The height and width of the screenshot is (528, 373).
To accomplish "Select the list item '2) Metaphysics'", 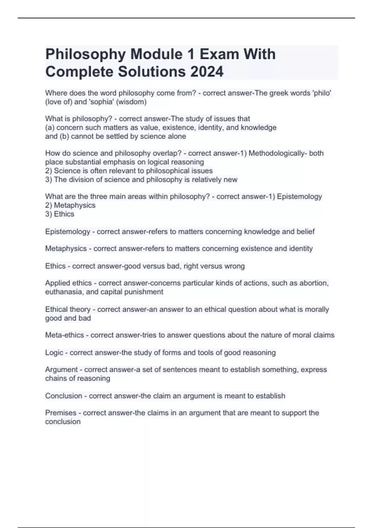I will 70,205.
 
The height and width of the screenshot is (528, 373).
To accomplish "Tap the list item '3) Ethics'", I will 60,214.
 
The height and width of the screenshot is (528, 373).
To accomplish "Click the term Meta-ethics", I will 65,335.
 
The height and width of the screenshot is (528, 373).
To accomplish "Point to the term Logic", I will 54,353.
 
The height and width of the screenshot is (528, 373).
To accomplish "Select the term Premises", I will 61,413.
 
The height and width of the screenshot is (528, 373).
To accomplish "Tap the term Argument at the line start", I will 61,370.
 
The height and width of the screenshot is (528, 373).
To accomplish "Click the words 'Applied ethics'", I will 68,283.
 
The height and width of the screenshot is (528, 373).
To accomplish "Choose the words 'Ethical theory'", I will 68,309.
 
